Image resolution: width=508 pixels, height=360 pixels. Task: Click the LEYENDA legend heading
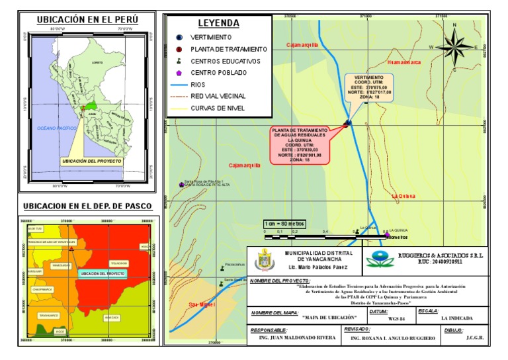[x=218, y=23]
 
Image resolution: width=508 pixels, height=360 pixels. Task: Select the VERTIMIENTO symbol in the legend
[x=179, y=37]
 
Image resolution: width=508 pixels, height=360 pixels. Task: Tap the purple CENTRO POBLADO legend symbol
[x=179, y=72]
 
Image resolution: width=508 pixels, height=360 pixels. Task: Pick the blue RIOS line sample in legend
[x=179, y=84]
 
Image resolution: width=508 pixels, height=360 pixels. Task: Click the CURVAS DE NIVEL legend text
[x=218, y=107]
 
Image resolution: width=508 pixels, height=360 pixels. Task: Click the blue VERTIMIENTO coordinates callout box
[x=368, y=88]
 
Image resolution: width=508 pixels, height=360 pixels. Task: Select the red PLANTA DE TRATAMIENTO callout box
[x=299, y=144]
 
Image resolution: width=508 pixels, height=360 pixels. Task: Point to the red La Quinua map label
[x=403, y=196]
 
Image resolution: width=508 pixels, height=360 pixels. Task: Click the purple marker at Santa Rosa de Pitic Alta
[x=181, y=185]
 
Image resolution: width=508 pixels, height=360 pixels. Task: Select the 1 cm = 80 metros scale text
[x=285, y=223]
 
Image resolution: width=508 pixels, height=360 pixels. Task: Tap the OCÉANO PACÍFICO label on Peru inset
[x=58, y=128]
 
